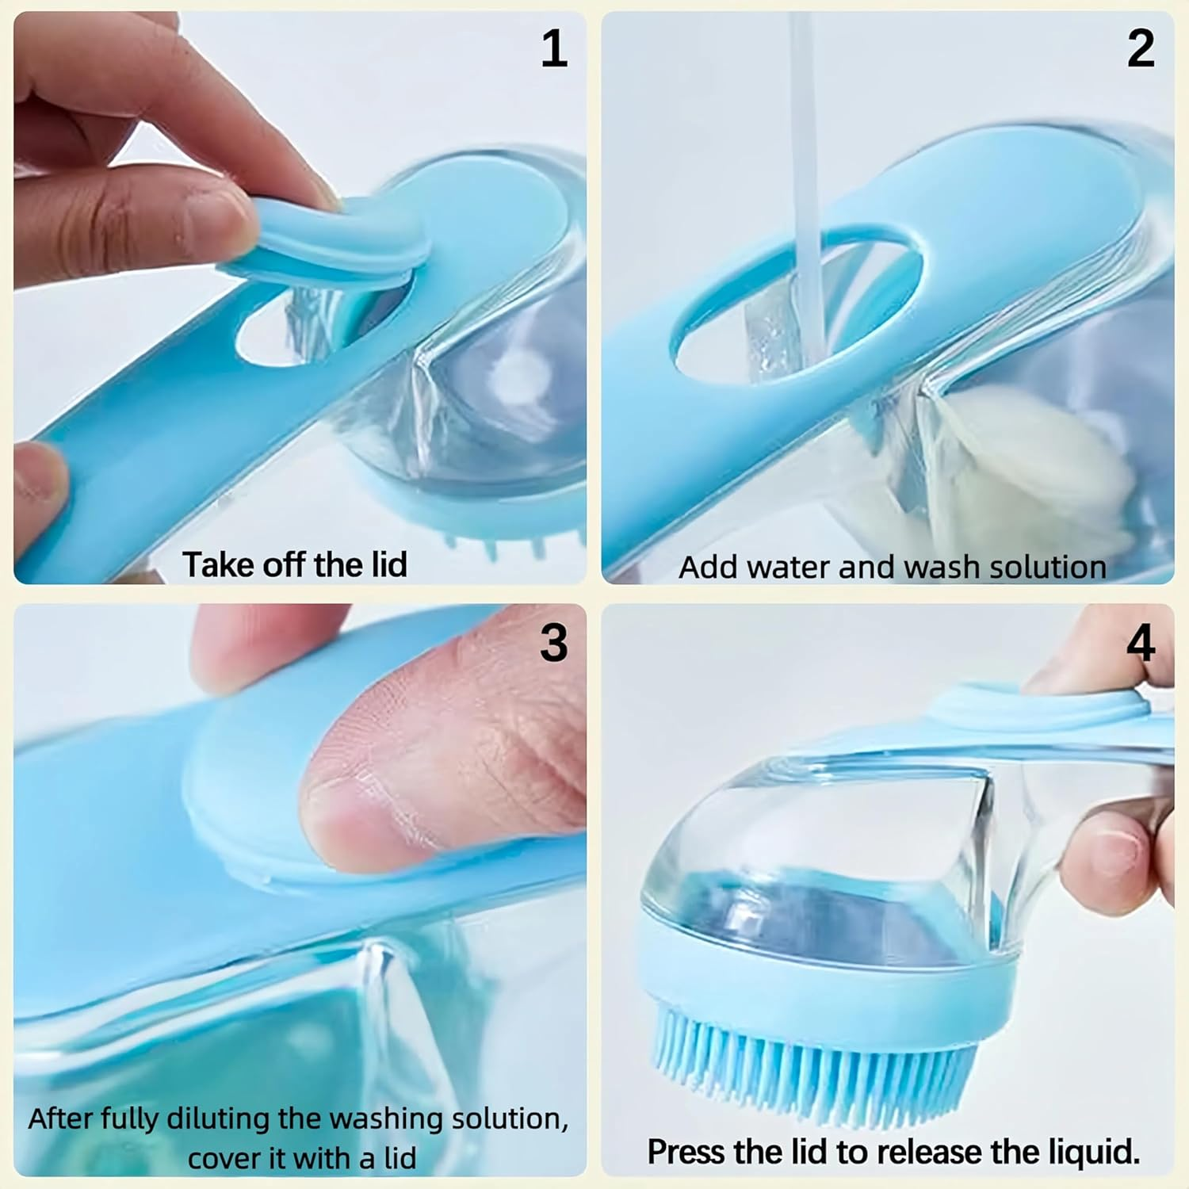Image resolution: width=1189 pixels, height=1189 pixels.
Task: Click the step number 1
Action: point(555,48)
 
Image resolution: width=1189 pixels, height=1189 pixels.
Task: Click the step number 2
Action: point(1141,48)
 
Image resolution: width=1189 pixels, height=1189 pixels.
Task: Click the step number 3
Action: point(554,642)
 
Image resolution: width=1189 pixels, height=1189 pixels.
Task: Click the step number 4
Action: point(1141,642)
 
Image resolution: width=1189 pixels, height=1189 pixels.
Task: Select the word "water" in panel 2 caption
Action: point(789,568)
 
